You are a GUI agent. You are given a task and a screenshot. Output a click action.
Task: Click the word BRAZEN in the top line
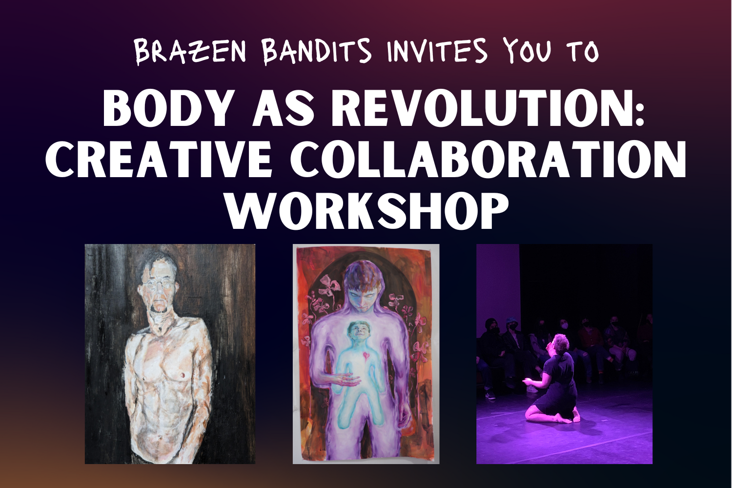190,52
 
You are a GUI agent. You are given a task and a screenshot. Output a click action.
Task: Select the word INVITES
437,52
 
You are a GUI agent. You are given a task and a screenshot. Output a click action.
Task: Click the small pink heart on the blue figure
364,355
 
